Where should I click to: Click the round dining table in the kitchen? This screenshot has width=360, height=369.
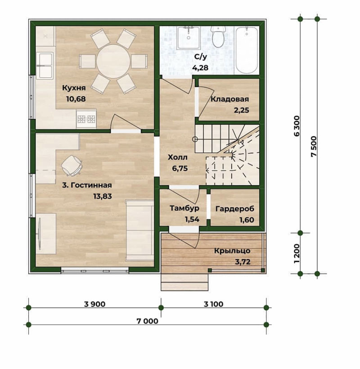[113, 62]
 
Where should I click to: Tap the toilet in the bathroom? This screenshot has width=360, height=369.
[218, 37]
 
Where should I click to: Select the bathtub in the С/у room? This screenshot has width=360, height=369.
[247, 50]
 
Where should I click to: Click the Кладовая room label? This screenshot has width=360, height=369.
[229, 99]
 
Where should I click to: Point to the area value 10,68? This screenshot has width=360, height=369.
[76, 99]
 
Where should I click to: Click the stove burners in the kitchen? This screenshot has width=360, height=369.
[86, 119]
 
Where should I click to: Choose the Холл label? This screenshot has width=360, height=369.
[178, 157]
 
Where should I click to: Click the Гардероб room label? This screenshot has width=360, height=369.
[235, 208]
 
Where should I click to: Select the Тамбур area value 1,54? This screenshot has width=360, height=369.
[192, 219]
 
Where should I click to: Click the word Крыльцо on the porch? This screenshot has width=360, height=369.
[232, 251]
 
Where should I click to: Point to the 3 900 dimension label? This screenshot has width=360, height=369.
[95, 304]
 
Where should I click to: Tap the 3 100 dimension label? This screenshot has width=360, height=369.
[213, 304]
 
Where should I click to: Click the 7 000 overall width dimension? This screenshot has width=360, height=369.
[148, 321]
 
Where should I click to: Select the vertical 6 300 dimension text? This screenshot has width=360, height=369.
[297, 126]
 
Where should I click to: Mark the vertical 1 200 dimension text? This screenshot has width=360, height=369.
[297, 254]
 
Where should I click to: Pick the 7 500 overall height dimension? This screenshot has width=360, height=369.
[314, 147]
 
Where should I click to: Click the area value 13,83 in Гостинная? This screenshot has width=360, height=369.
[103, 196]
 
